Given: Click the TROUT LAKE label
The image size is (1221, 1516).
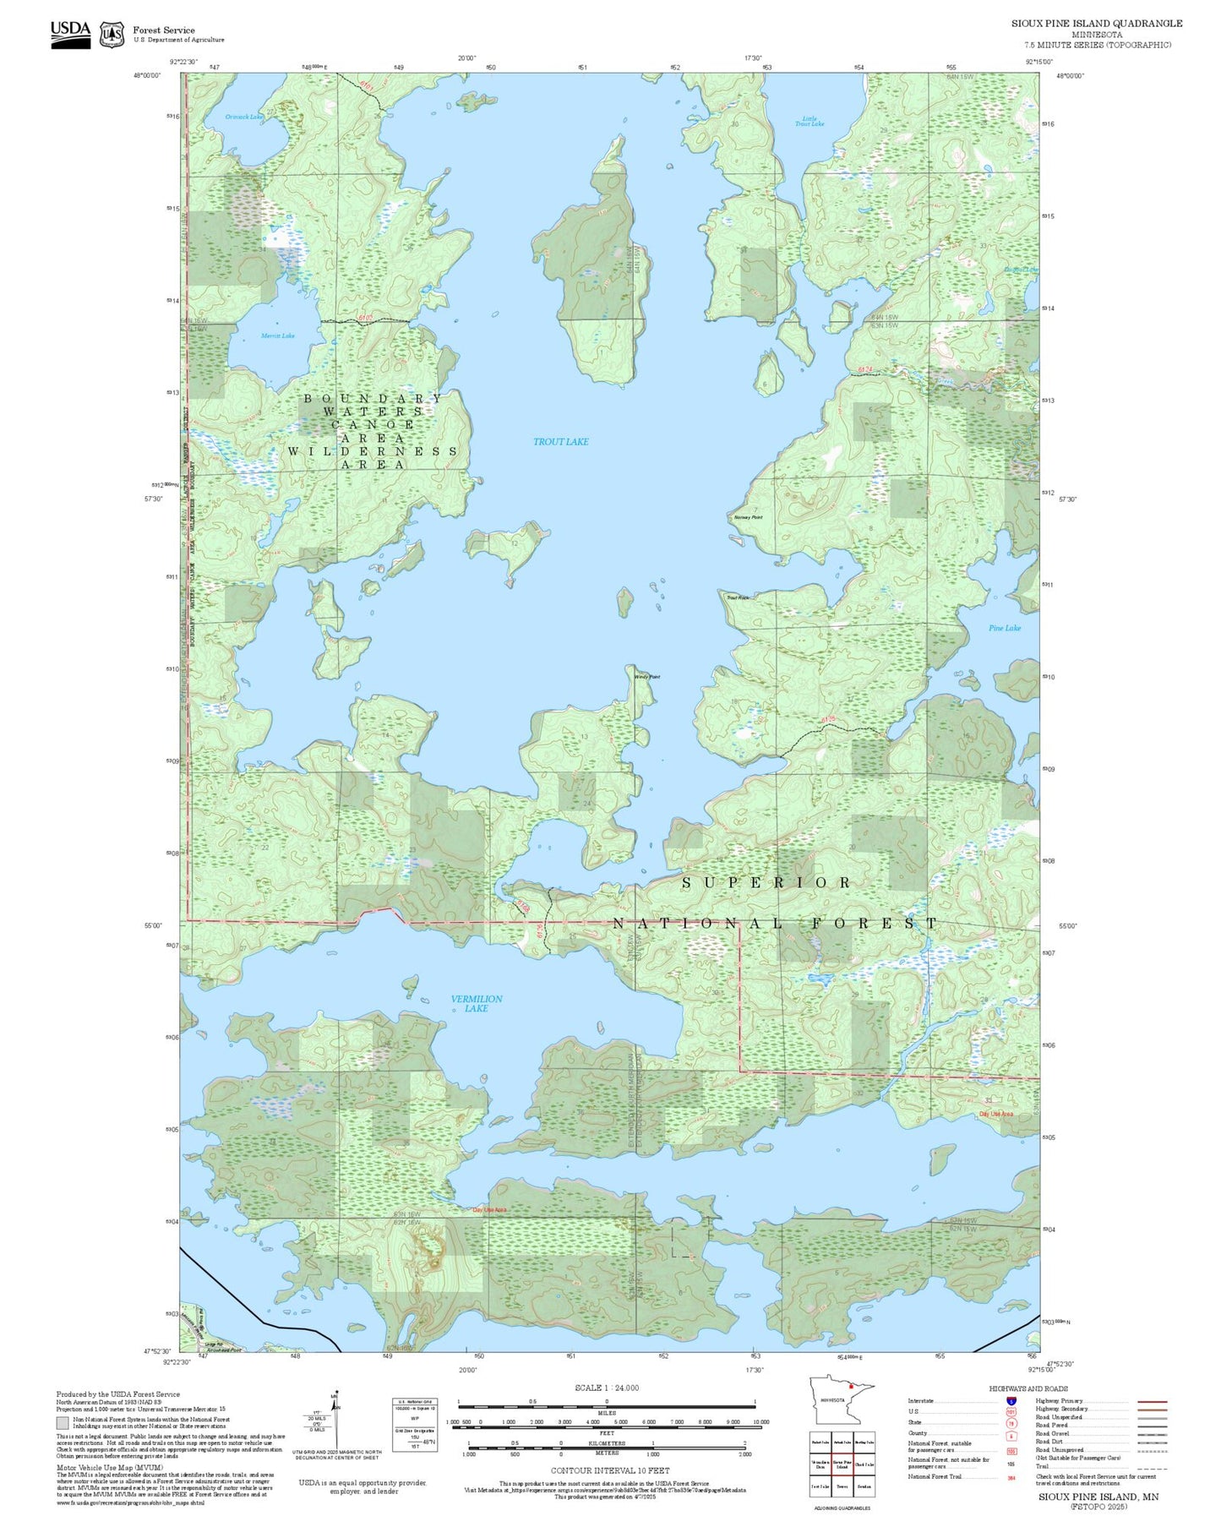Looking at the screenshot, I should click(x=560, y=442).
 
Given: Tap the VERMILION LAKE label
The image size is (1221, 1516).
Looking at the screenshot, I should click(x=477, y=1003).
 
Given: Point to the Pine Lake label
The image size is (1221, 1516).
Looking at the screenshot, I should click(x=1005, y=628).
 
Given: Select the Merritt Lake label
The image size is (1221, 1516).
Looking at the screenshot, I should click(x=277, y=336).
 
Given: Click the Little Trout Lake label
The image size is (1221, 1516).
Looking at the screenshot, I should click(x=809, y=122).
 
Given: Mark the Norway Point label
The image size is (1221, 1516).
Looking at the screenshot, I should click(x=748, y=517).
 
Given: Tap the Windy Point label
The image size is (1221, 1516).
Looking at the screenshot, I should click(x=647, y=677).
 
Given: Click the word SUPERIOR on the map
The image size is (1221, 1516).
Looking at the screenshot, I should click(x=766, y=883).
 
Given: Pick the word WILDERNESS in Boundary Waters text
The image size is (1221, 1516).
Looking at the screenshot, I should click(x=373, y=451).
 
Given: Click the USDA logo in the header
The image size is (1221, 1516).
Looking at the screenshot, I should click(x=70, y=34).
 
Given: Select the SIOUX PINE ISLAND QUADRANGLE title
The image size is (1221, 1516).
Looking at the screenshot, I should click(x=1096, y=24).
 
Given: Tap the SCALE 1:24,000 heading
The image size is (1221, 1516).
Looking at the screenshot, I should click(x=606, y=1388).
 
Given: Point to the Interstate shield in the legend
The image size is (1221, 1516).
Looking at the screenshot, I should click(x=1011, y=1401).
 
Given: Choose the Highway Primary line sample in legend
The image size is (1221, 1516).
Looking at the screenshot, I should click(x=1153, y=1401).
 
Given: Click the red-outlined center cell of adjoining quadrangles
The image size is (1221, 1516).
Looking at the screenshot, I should click(x=842, y=1464).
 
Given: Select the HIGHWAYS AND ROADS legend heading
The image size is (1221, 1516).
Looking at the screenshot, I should click(x=1027, y=1388).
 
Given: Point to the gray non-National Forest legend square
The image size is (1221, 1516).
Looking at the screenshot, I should click(x=63, y=1423).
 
